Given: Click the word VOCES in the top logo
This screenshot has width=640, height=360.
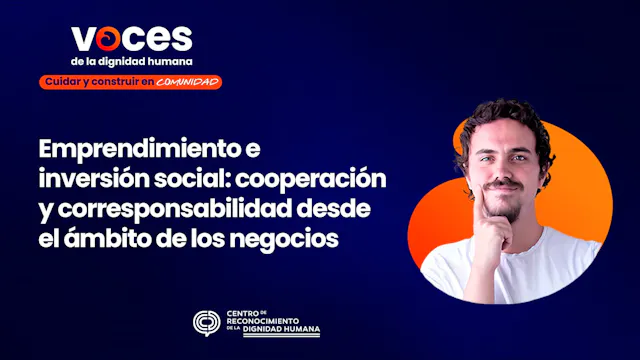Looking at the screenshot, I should click(x=131, y=37).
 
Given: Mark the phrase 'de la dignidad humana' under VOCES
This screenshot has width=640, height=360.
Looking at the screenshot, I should click(x=131, y=60).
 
